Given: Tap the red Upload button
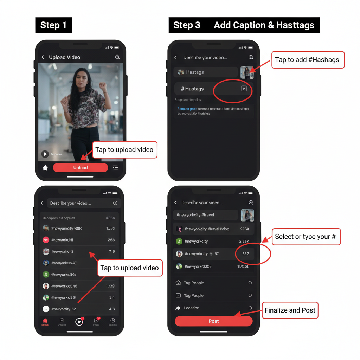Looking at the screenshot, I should (x=81, y=168).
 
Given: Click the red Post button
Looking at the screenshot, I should (x=213, y=321).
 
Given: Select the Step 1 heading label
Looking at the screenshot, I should (x=53, y=25).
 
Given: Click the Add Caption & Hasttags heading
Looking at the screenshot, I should (x=264, y=25).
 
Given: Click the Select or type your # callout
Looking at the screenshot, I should (x=305, y=237).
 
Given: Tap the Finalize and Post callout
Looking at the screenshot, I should (x=290, y=310).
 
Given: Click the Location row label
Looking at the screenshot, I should (x=192, y=308).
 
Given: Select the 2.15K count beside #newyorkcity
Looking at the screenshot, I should (x=244, y=241).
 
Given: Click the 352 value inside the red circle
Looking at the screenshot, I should (x=245, y=254).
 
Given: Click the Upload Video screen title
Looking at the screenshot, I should (x=65, y=57).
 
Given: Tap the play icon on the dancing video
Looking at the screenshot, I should (x=45, y=154).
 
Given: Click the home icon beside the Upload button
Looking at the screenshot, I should (x=45, y=168).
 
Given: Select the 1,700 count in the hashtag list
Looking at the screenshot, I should (x=110, y=229).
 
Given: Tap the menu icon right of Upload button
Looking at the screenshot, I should (x=115, y=168).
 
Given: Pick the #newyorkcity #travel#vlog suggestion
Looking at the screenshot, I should (x=207, y=229).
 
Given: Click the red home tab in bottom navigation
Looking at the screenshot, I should (x=45, y=321).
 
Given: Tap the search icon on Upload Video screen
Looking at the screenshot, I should (x=117, y=57).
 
